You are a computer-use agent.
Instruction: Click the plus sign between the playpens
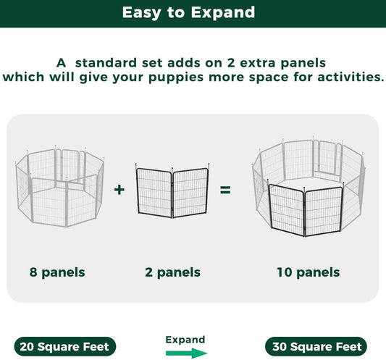pyautogui.click(x=119, y=191)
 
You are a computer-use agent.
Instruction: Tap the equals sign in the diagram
pyautogui.click(x=225, y=191)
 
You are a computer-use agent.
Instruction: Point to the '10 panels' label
pyautogui.click(x=308, y=272)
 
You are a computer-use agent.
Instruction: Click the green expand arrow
pyautogui.click(x=185, y=353)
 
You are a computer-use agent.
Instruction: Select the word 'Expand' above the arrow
pyautogui.click(x=185, y=339)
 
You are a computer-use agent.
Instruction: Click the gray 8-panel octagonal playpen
pyautogui.click(x=59, y=186)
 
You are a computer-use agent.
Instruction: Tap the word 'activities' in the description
pyautogui.click(x=343, y=77)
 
